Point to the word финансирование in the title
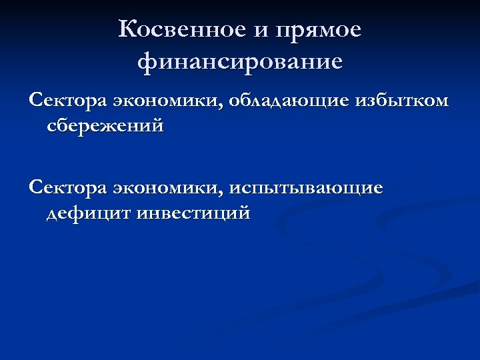point(240,62)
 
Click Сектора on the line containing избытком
point(67,101)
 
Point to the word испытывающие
point(307,189)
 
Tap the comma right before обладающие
point(225,105)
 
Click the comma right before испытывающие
point(225,192)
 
